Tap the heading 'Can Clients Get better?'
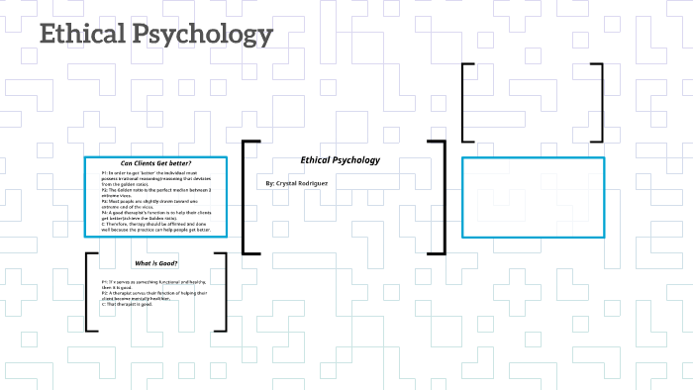(156, 163)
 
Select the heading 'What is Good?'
(156, 263)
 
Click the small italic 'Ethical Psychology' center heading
(340, 160)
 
